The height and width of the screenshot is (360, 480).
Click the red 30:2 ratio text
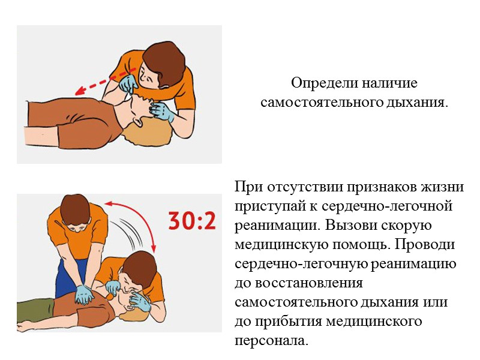191,221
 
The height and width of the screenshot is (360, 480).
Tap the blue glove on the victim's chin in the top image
162,112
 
